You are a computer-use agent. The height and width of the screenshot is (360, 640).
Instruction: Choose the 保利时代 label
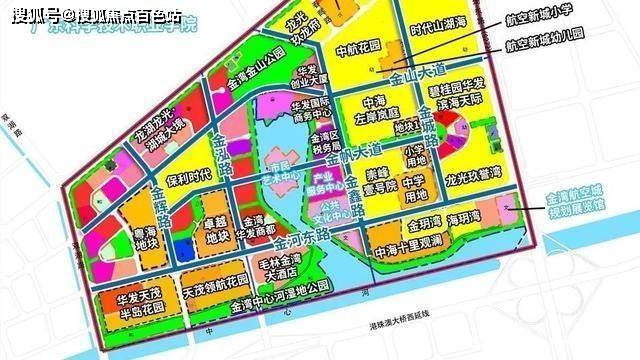pyautogui.click(x=187, y=176)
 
